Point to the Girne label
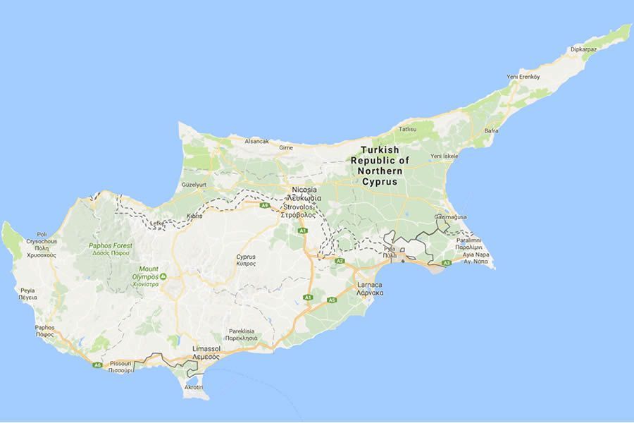pos(286,148)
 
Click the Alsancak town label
pos(256,141)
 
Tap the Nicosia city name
pos(304,190)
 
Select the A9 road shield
pos(265,205)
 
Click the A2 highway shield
pos(339,261)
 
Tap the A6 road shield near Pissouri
pos(97,364)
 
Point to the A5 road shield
pos(331,300)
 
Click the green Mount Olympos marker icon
pos(163,276)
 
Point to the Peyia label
pos(27,290)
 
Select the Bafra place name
pos(492,130)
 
